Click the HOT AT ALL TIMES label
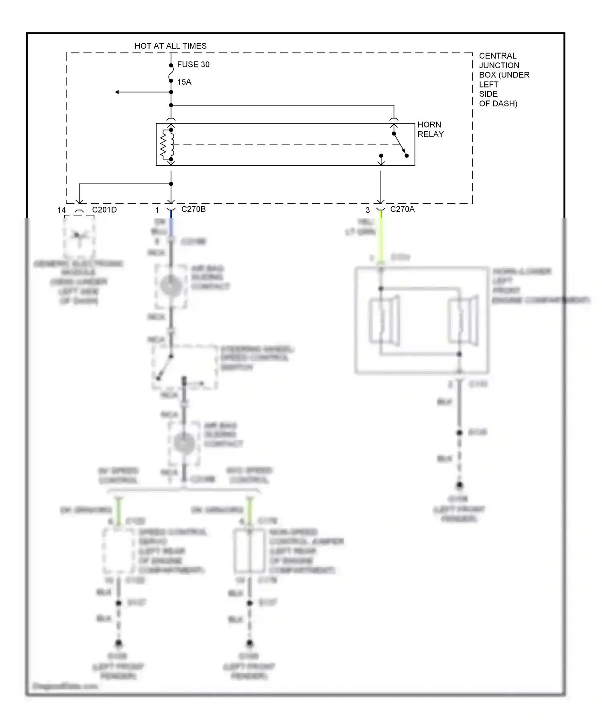[171, 46]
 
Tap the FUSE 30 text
[193, 65]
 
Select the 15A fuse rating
[184, 82]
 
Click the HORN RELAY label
[430, 129]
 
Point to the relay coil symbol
[167, 144]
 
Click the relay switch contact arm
[400, 144]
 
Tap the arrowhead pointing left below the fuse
[117, 92]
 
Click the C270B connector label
[193, 209]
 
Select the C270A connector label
[402, 209]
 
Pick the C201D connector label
[104, 210]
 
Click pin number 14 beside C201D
[61, 210]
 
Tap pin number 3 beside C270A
[368, 210]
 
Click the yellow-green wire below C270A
[381, 237]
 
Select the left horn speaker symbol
[384, 321]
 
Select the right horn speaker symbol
[463, 321]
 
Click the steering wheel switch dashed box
[185, 367]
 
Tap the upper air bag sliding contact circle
[171, 285]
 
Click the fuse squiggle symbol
[171, 73]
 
